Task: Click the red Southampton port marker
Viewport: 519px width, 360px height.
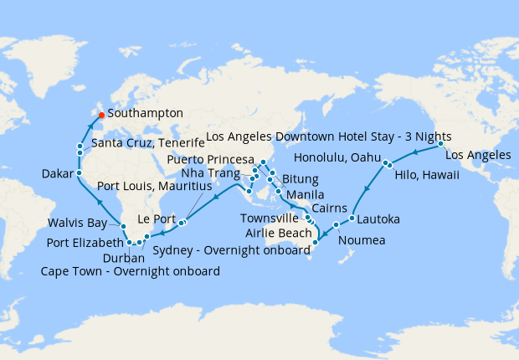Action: pyautogui.click(x=100, y=115)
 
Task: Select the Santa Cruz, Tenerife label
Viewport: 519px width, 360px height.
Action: pyautogui.click(x=147, y=143)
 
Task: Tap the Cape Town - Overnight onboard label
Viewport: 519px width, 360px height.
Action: pyautogui.click(x=131, y=271)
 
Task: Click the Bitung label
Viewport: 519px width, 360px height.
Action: pyautogui.click(x=301, y=179)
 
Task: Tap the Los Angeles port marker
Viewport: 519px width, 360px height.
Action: pyautogui.click(x=440, y=143)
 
